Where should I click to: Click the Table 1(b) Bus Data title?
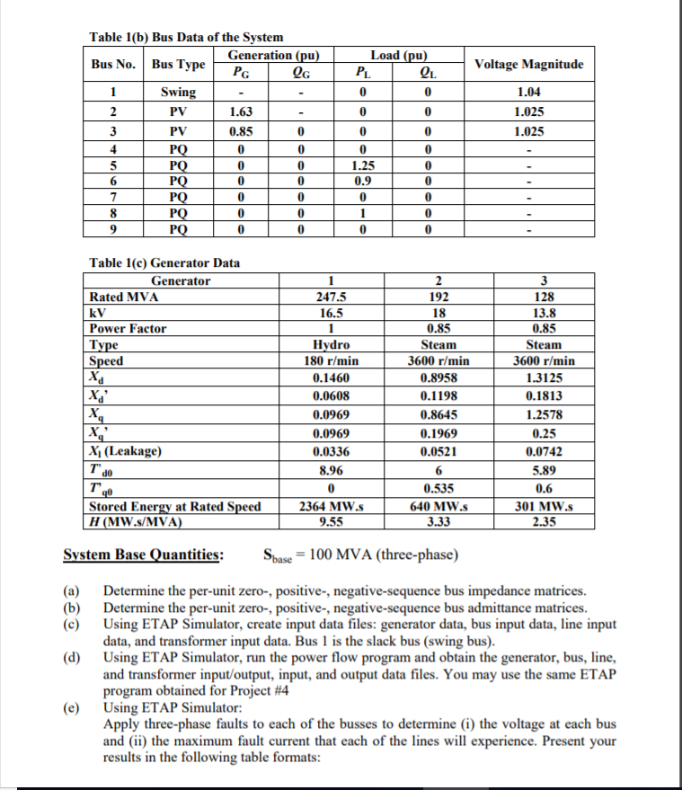click(186, 37)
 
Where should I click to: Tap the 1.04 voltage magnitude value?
click(528, 93)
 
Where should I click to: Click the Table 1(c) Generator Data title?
click(165, 262)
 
